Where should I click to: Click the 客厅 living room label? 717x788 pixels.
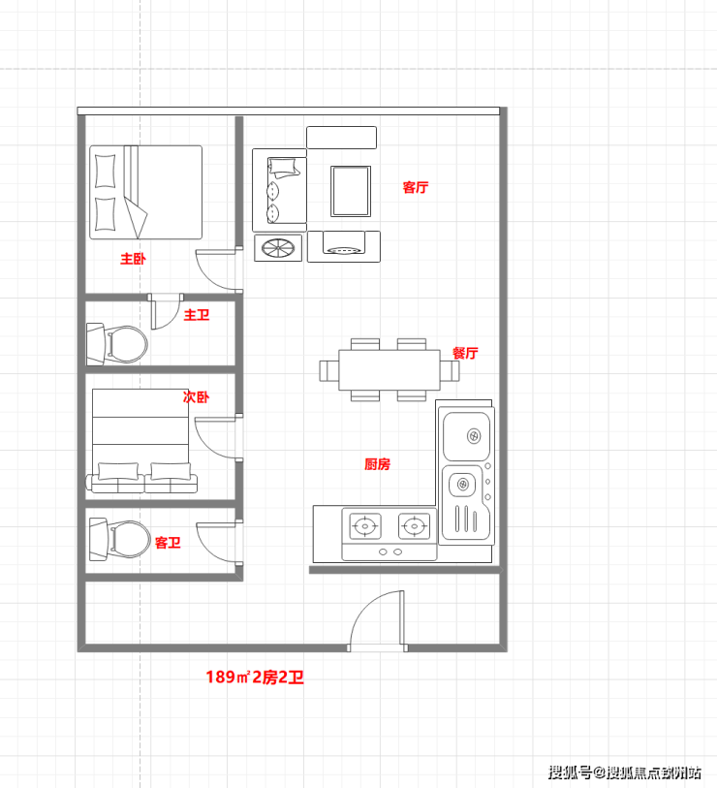(x=415, y=187)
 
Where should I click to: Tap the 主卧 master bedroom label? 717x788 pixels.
(x=133, y=259)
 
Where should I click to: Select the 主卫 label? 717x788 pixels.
(x=197, y=315)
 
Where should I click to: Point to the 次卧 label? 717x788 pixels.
(x=196, y=397)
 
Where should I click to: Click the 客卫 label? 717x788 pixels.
(x=168, y=543)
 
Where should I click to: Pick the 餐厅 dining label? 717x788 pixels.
(x=465, y=353)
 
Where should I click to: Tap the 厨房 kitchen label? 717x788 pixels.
(x=377, y=464)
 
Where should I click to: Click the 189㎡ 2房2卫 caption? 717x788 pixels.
(x=255, y=677)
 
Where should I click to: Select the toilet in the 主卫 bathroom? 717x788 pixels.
(x=117, y=344)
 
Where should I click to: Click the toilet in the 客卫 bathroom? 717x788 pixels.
(x=119, y=539)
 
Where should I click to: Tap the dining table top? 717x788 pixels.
(x=390, y=370)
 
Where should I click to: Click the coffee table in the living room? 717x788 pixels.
(x=351, y=191)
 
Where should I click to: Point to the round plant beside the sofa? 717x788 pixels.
(x=278, y=248)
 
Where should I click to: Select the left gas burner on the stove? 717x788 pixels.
(x=365, y=526)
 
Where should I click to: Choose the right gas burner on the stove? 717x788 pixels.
(x=414, y=526)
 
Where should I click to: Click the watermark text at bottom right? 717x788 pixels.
(x=625, y=772)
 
